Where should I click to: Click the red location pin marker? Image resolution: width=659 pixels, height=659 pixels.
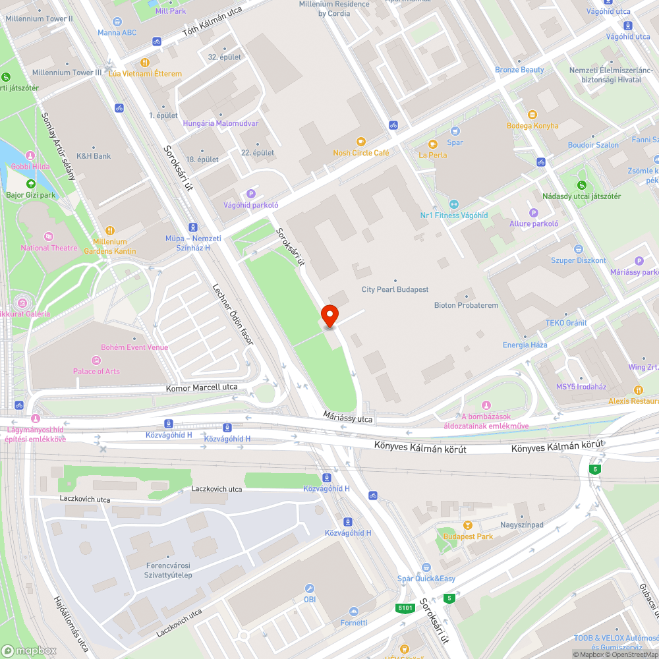[x=329, y=316]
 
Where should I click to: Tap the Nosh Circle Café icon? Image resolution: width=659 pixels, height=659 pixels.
[x=360, y=141]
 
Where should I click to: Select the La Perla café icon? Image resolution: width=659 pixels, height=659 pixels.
[x=432, y=144]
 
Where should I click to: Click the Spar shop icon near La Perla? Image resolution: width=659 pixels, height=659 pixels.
[x=455, y=131]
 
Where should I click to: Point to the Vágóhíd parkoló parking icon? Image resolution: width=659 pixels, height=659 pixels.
[x=250, y=193]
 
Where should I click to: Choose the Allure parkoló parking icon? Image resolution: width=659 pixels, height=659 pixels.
[x=534, y=212]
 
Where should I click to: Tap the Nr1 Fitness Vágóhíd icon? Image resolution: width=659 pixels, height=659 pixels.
[x=454, y=204]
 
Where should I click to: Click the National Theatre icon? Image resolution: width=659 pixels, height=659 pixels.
[x=48, y=237]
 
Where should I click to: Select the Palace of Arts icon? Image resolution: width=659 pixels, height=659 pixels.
[x=96, y=360]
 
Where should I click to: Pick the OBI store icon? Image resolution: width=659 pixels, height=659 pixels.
[x=310, y=588]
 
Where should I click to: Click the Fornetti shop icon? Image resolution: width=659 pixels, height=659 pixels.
[x=354, y=612]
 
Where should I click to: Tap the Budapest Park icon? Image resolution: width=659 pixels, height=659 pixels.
[x=468, y=525]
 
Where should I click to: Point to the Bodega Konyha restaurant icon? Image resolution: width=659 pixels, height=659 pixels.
[x=532, y=115]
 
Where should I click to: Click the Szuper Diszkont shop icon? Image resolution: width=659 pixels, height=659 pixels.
[x=578, y=249]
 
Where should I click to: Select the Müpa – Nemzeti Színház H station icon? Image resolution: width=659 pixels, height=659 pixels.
[x=192, y=226]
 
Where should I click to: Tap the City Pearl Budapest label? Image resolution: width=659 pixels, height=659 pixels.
[x=395, y=289]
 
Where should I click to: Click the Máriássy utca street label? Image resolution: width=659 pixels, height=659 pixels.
[x=348, y=416]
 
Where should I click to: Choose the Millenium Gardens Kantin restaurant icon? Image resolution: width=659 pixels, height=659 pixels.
[x=110, y=231]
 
